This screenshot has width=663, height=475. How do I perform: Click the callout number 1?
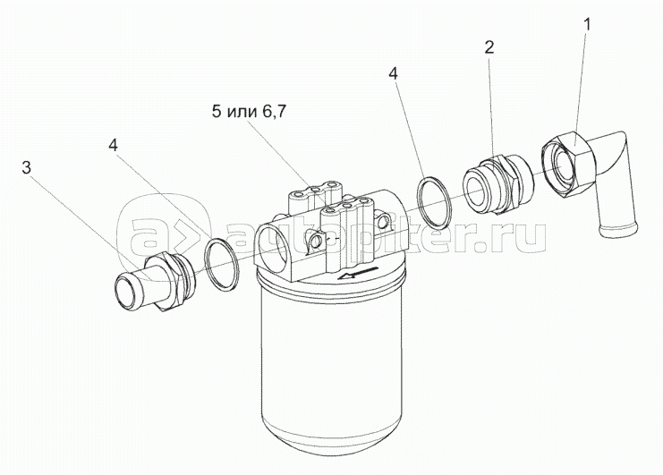click(587, 25)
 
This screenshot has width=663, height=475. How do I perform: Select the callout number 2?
click(489, 47)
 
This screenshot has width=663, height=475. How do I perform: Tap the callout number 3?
click(27, 168)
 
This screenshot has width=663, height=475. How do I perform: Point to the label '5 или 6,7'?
click(250, 113)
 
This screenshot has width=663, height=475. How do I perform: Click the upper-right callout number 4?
click(393, 73)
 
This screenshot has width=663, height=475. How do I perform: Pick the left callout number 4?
click(113, 146)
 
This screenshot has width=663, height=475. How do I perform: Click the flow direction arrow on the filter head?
click(356, 273)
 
